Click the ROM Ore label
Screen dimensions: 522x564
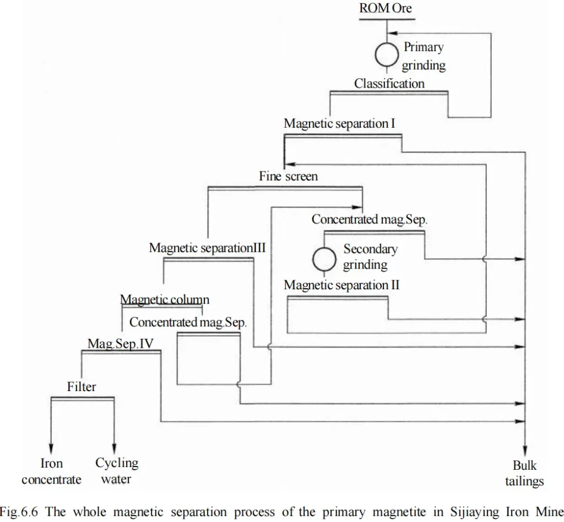coord(386,9)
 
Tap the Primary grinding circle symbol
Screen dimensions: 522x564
coord(387,54)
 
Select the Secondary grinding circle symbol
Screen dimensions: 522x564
coord(324,259)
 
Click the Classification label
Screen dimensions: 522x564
coord(389,84)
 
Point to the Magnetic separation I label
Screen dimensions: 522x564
coord(339,124)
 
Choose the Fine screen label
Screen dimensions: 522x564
coord(288,177)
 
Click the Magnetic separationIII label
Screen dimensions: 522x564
coord(207,248)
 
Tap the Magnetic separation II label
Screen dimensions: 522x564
coord(341,285)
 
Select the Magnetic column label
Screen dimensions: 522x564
coord(165,300)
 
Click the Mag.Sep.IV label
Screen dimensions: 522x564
coord(121,344)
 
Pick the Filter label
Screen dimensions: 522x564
coord(82,387)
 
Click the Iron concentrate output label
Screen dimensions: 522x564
coord(51,471)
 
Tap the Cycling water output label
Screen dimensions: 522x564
coord(116,471)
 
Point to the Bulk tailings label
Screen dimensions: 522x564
coord(524,474)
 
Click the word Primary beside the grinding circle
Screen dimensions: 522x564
coord(424,47)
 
